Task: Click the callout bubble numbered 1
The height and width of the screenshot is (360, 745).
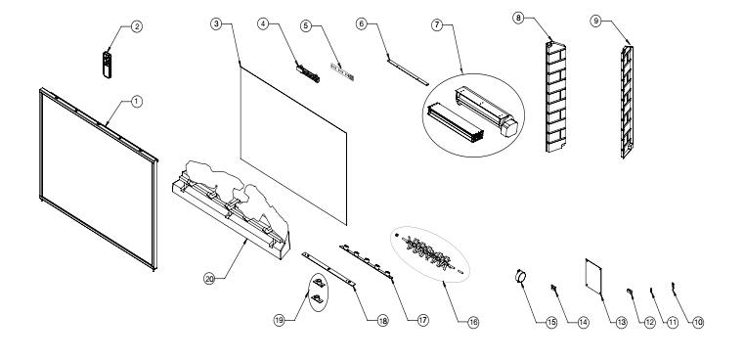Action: [x=136, y=102]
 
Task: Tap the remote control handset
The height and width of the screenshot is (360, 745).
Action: [x=108, y=66]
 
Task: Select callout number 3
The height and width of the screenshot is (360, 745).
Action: [x=217, y=23]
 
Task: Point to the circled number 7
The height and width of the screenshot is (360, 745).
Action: [x=438, y=24]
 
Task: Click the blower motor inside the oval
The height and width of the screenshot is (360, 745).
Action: [x=486, y=112]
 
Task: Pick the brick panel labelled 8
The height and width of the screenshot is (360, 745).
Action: [x=556, y=98]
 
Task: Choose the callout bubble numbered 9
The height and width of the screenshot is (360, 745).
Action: [x=595, y=21]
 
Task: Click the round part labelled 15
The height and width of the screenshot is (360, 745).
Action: [x=521, y=276]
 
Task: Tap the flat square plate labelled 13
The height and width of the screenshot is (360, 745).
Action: [x=593, y=275]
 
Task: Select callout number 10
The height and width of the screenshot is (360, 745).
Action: [x=697, y=323]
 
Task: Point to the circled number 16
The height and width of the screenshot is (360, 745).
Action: [x=473, y=323]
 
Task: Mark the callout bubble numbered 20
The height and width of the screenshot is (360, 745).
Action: [x=209, y=279]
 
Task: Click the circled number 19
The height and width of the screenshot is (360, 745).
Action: [x=280, y=320]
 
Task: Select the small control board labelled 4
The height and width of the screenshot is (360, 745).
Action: [x=308, y=73]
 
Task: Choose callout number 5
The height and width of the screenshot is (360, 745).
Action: [x=306, y=25]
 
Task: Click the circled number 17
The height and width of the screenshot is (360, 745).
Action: [x=423, y=320]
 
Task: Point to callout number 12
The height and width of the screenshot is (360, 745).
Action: [x=649, y=323]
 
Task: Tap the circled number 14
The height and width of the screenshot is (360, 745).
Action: [x=584, y=323]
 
